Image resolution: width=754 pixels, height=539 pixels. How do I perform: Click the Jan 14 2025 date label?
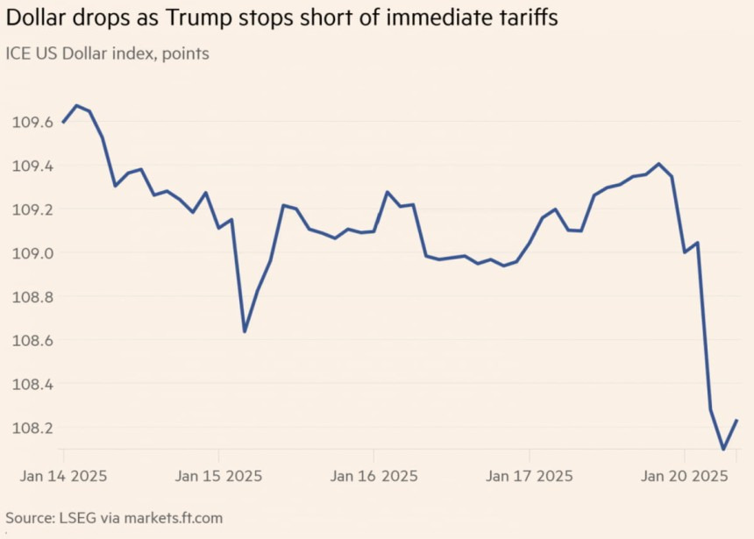[x=64, y=476]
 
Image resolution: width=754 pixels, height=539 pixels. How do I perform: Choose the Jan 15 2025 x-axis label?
[x=219, y=476]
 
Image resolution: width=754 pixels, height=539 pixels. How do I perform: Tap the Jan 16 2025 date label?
[x=374, y=476]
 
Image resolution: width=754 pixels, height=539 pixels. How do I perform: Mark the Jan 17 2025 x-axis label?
[x=530, y=476]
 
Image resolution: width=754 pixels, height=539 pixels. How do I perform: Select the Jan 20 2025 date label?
[x=685, y=476]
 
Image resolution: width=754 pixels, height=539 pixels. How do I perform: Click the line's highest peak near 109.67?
[x=77, y=105]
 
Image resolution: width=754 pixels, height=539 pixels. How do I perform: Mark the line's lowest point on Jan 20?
[x=723, y=450]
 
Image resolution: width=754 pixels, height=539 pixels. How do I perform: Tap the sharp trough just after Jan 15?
[x=245, y=332]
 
